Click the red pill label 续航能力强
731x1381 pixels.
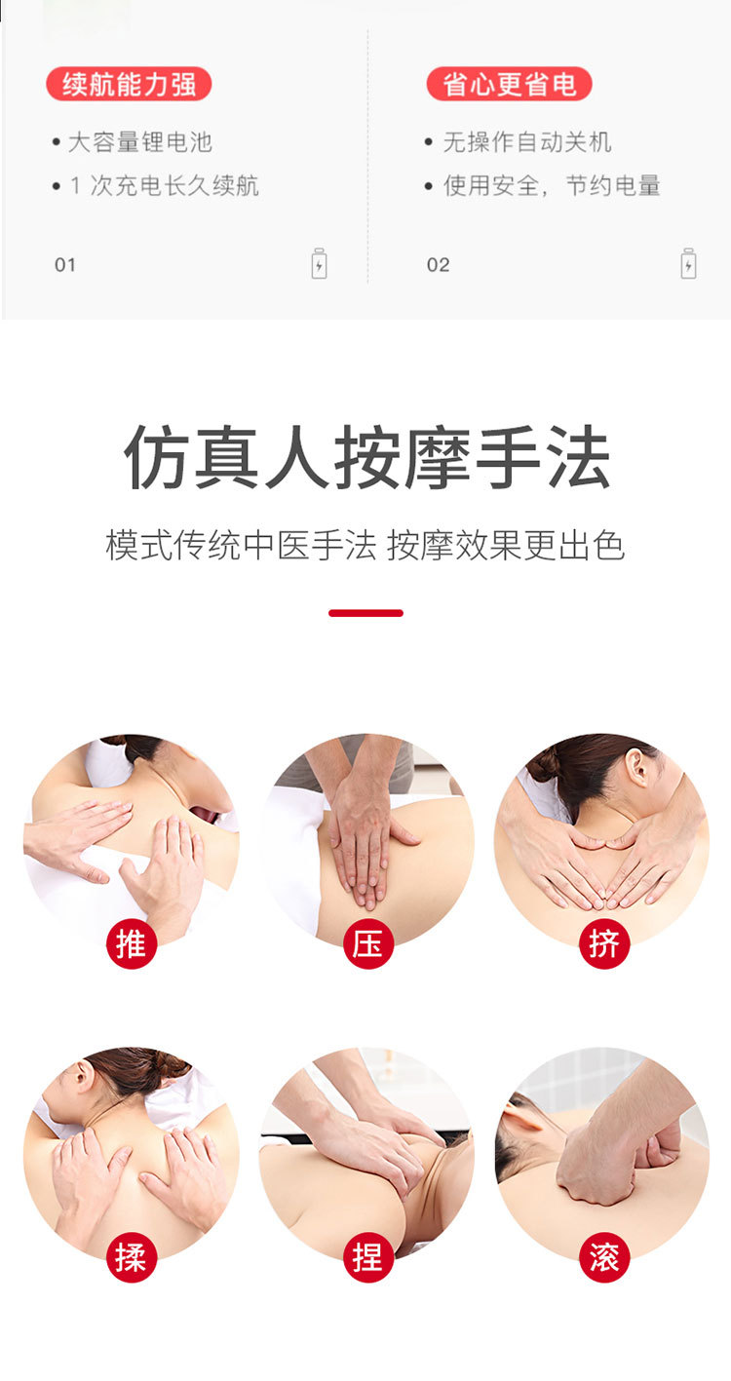pyautogui.click(x=129, y=84)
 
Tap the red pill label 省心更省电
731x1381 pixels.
pyautogui.click(x=509, y=84)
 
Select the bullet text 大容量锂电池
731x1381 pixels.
pyautogui.click(x=140, y=142)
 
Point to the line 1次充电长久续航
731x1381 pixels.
pyautogui.click(x=164, y=185)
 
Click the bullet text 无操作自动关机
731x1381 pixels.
pyautogui.click(x=527, y=142)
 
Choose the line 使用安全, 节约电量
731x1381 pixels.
pyautogui.click(x=552, y=185)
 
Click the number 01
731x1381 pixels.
pyautogui.click(x=65, y=265)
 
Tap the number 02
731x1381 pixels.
pyautogui.click(x=439, y=265)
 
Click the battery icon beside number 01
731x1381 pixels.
pyautogui.click(x=320, y=264)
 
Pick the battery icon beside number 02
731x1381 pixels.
pyautogui.click(x=688, y=264)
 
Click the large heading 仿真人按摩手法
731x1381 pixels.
pyautogui.click(x=366, y=457)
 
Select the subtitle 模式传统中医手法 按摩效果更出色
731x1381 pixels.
pyautogui.click(x=365, y=545)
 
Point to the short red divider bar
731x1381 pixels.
pyautogui.click(x=366, y=613)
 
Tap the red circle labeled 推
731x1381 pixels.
pyautogui.click(x=132, y=943)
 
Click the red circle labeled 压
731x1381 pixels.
pyautogui.click(x=368, y=943)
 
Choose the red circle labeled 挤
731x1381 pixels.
pyautogui.click(x=604, y=943)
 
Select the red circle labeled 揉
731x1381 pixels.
pyautogui.click(x=132, y=1257)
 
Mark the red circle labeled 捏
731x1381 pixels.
pyautogui.click(x=368, y=1257)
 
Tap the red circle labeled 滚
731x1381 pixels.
pyautogui.click(x=604, y=1257)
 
